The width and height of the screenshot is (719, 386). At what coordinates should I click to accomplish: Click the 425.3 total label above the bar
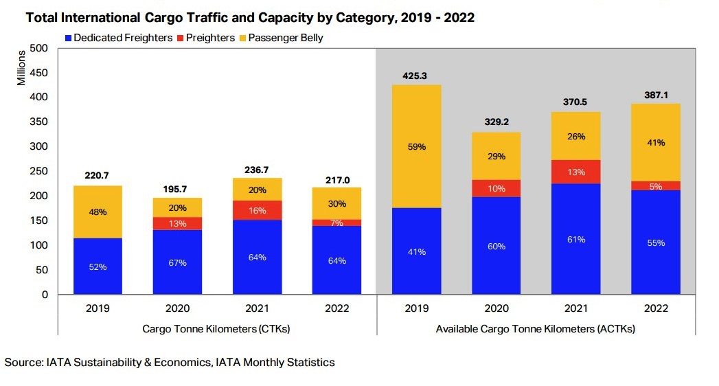point(416,76)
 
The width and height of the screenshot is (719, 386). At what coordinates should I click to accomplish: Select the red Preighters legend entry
point(209,38)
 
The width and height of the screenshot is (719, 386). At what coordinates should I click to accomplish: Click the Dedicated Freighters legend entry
point(117,38)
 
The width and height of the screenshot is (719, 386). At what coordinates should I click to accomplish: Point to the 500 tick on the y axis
point(38,48)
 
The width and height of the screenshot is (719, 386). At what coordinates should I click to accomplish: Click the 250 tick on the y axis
point(38,171)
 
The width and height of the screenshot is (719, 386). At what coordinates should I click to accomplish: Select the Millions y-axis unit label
point(21,67)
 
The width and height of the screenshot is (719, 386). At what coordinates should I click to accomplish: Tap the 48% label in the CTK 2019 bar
point(98,212)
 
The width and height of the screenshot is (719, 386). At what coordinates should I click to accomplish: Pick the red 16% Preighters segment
point(257,210)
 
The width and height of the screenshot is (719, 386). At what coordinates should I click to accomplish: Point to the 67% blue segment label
point(177,263)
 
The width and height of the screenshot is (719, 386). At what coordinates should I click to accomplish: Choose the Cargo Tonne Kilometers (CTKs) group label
point(216,329)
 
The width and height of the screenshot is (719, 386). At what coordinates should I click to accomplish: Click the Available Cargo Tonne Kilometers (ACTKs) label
point(536,329)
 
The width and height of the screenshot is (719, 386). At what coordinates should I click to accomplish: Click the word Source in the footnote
point(23,362)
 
